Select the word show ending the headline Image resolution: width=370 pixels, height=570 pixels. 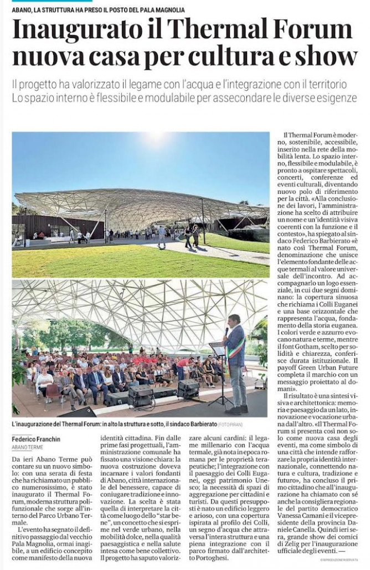[327, 57]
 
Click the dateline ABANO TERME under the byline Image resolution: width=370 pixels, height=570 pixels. [27, 447]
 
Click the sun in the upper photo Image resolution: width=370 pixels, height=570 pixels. [160, 138]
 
